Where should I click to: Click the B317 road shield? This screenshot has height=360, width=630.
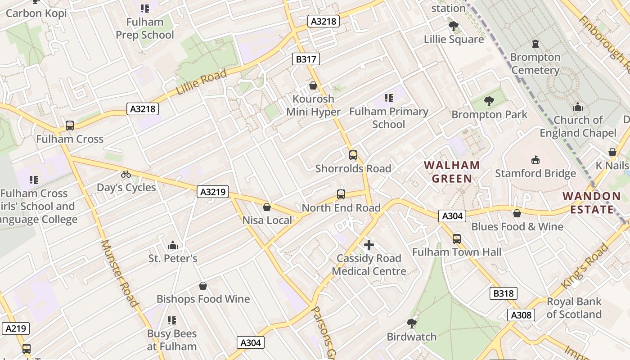pos(306,59)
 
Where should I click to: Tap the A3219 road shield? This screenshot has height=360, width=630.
pos(213,192)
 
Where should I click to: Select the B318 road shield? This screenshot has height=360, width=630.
pos(503,294)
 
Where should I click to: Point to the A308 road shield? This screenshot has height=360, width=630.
pos(521,315)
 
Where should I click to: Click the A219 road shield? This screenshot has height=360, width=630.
pos(16,328)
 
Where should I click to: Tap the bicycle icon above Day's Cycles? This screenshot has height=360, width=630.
pos(126,174)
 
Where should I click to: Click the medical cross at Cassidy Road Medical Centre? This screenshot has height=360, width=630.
pos(369,245)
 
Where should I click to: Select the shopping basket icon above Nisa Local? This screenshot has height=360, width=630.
pos(267,207)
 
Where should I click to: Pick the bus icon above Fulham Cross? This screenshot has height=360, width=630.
pos(70,126)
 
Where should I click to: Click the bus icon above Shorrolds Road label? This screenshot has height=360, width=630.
pos(353,155)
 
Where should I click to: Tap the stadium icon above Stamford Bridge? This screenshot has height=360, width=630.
pos(535,160)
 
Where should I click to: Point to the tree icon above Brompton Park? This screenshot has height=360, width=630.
pos(489,101)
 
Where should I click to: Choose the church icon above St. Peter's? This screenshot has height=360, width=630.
pos(173,245)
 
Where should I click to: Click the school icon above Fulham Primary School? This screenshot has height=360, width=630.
pos(389,98)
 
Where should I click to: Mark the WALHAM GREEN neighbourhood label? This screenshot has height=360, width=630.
pos(452,172)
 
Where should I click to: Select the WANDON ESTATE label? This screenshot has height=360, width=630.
pos(592,202)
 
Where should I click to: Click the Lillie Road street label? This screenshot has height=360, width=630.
pos(201,82)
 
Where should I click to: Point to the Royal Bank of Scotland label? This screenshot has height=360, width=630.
pos(574,308)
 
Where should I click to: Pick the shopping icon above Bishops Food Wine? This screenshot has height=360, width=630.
pos(203,286)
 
